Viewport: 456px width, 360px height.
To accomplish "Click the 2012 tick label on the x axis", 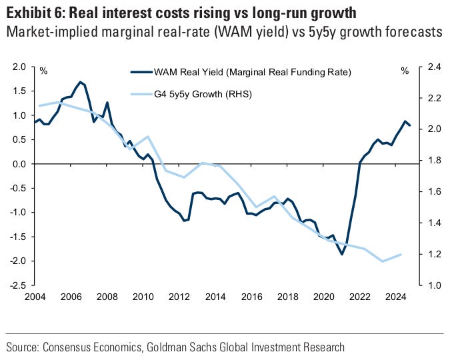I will pyautogui.click(x=179, y=297).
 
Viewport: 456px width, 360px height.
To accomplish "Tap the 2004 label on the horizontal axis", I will pyautogui.click(x=34, y=297).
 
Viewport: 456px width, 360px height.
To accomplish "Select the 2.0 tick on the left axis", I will pyautogui.click(x=19, y=67).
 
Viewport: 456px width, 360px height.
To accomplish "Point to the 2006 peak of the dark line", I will pyautogui.click(x=81, y=82).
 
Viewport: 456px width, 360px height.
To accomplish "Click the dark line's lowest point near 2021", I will pyautogui.click(x=342, y=254).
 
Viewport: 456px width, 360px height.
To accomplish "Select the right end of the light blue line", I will pyautogui.click(x=401, y=254).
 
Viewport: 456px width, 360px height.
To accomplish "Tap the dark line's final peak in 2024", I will pyautogui.click(x=405, y=121).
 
